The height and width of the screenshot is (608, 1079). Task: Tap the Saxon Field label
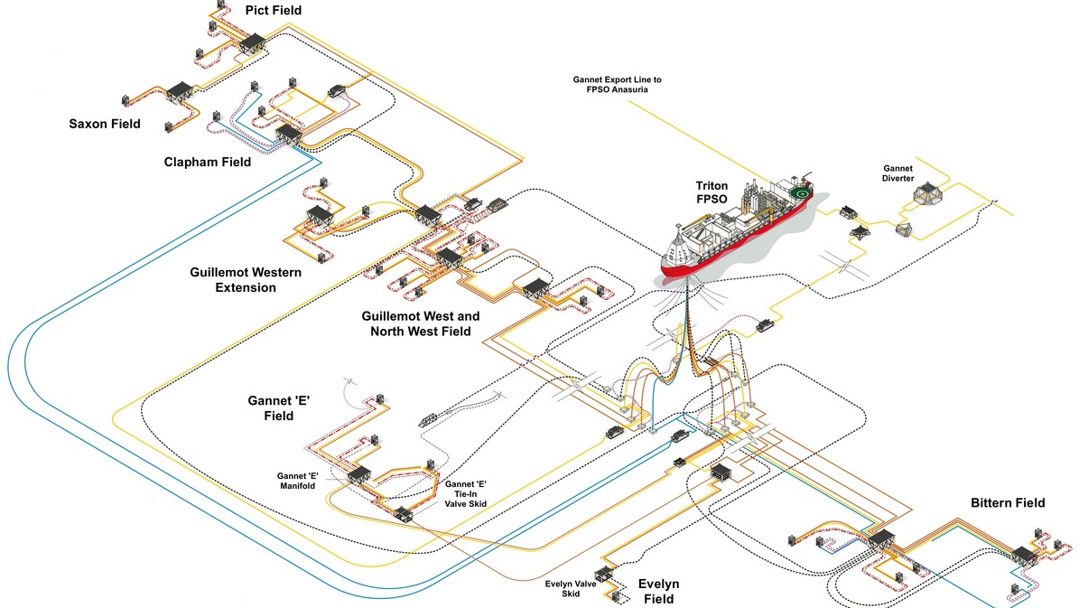tap(105, 124)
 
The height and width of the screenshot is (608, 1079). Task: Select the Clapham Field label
tap(208, 163)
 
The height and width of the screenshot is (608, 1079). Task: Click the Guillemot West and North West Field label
tap(421, 324)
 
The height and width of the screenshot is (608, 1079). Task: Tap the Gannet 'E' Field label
tap(279, 407)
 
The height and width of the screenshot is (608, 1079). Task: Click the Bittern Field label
tap(1008, 502)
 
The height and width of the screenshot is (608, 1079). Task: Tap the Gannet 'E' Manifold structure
tap(359, 474)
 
